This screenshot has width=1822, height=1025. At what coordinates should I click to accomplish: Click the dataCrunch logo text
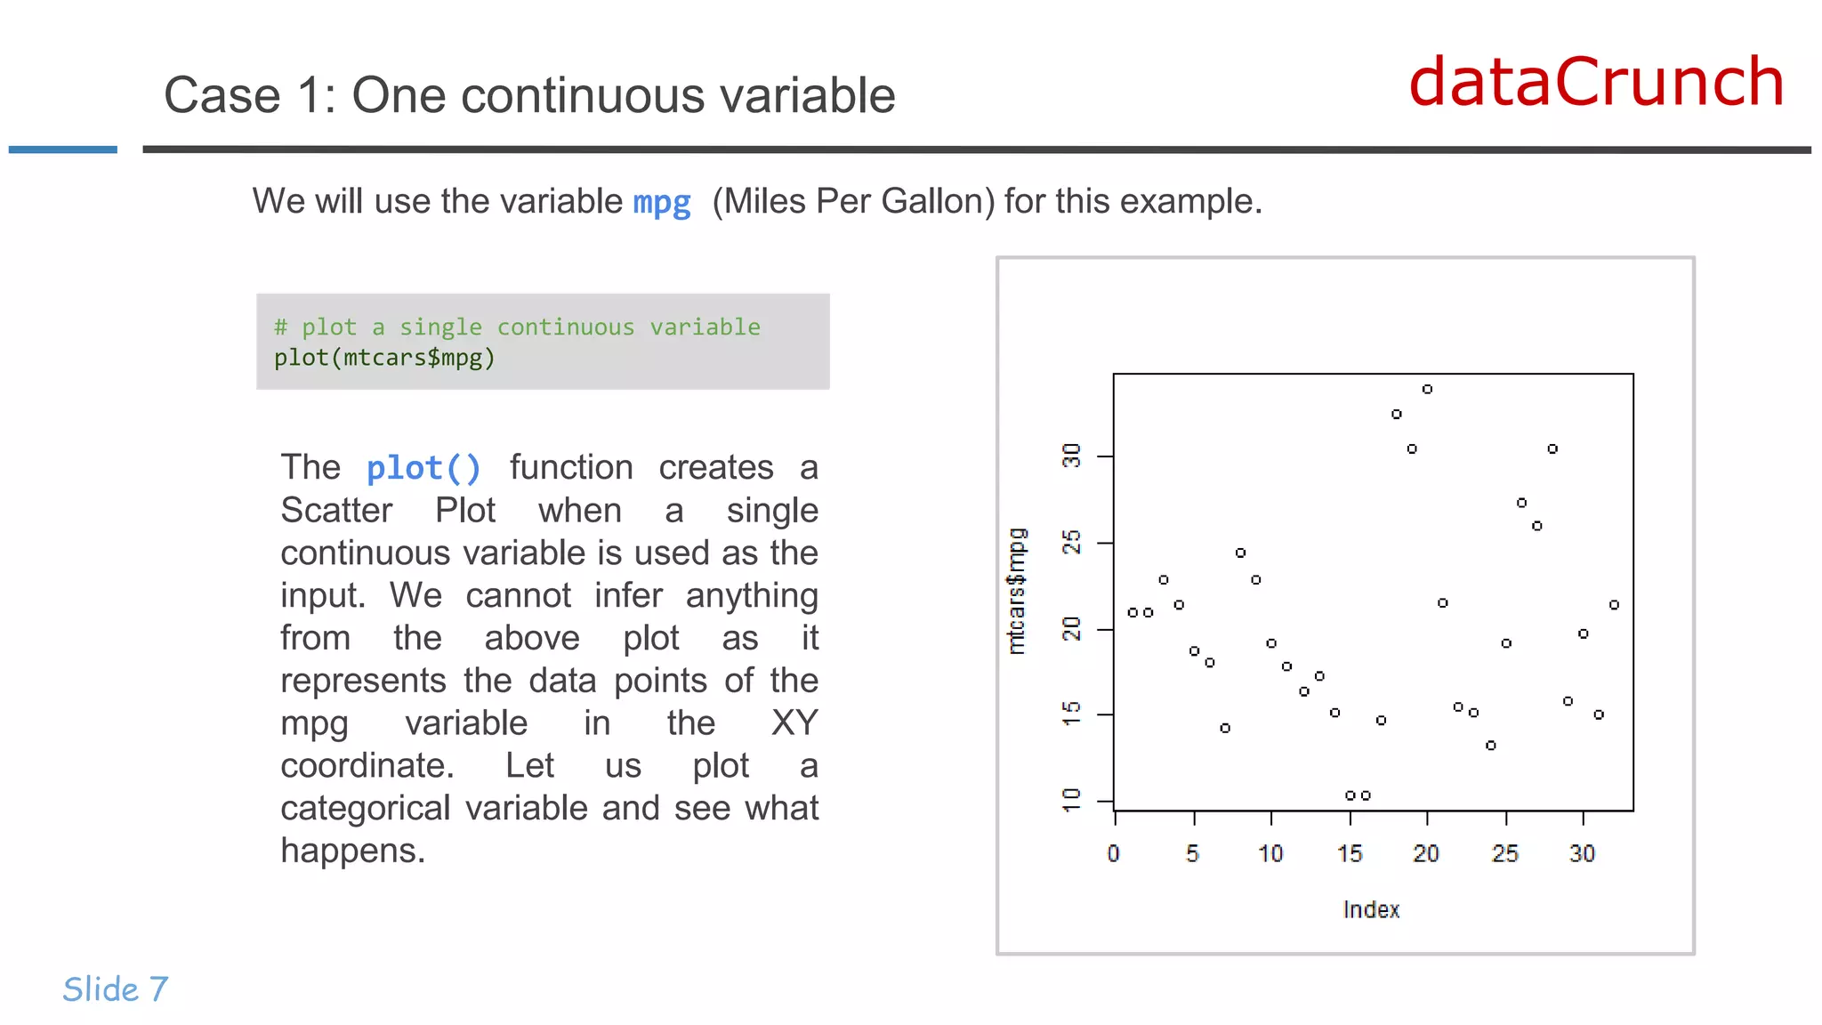pos(1596,82)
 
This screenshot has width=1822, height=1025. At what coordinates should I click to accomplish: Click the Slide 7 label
pos(115,989)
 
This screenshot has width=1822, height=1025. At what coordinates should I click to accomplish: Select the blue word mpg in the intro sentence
pos(661,203)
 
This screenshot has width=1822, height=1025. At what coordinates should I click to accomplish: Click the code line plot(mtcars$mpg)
pos(383,358)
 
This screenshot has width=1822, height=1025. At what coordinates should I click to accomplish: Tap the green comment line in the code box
pos(517,327)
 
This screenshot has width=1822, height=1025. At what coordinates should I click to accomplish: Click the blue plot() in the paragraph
pos(423,468)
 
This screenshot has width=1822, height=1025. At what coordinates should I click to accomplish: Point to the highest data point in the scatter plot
pos(1427,389)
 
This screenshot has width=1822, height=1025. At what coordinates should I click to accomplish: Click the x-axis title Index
pos(1370,909)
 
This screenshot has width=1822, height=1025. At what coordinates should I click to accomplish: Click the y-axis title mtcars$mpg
pos(1016,591)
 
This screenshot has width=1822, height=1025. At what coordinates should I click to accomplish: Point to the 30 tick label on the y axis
pos(1072,456)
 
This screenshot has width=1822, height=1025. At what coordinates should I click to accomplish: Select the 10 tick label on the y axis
pos(1072,799)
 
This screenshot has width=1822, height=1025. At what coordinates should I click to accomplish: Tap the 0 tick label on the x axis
pos(1113,854)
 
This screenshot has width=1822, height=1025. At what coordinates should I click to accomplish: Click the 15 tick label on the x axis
pos(1349,854)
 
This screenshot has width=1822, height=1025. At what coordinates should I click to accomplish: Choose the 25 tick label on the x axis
pos(1504,854)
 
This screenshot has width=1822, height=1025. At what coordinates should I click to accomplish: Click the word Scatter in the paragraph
pos(336,511)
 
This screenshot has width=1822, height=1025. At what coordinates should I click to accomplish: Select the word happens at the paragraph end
pos(352,851)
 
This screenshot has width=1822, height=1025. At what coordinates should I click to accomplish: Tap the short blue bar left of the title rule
pos(62,149)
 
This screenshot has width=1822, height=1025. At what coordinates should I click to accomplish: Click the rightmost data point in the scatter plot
pos(1614,605)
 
